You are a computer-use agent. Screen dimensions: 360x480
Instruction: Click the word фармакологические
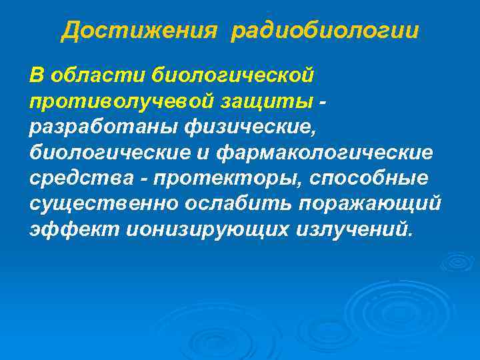(x=325, y=153)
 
